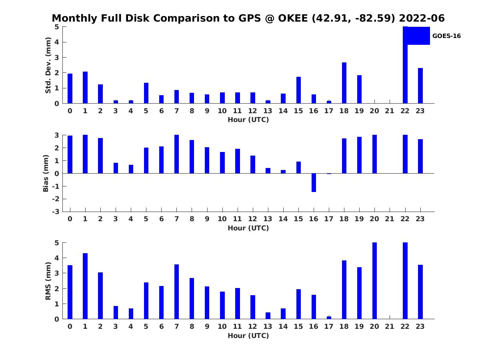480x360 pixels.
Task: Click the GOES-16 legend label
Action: [x=446, y=36]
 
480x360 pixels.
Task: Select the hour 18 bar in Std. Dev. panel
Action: [x=344, y=83]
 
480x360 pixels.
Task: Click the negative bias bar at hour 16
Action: [x=314, y=182]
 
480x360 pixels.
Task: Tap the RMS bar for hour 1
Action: [x=85, y=286]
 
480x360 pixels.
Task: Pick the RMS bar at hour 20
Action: [x=374, y=281]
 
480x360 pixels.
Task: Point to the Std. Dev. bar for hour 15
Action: [x=298, y=90]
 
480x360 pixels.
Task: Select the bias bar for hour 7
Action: [x=177, y=154]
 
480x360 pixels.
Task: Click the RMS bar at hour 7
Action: [x=177, y=292]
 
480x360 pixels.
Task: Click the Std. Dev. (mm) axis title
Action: [x=48, y=65]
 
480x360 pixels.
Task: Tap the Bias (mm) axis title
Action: [x=46, y=173]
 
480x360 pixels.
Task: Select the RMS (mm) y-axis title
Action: [x=48, y=281]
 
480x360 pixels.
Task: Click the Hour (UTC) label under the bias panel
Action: [x=248, y=228]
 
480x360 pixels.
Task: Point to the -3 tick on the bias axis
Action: [x=57, y=212]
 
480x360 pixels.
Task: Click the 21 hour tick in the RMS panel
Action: [x=390, y=326]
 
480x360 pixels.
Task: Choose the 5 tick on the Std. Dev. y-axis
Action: [x=57, y=27]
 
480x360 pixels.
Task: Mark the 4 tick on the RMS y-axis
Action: [x=57, y=258]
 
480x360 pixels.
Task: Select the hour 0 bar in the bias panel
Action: [x=70, y=154]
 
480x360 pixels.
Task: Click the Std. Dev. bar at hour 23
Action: [x=420, y=86]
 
